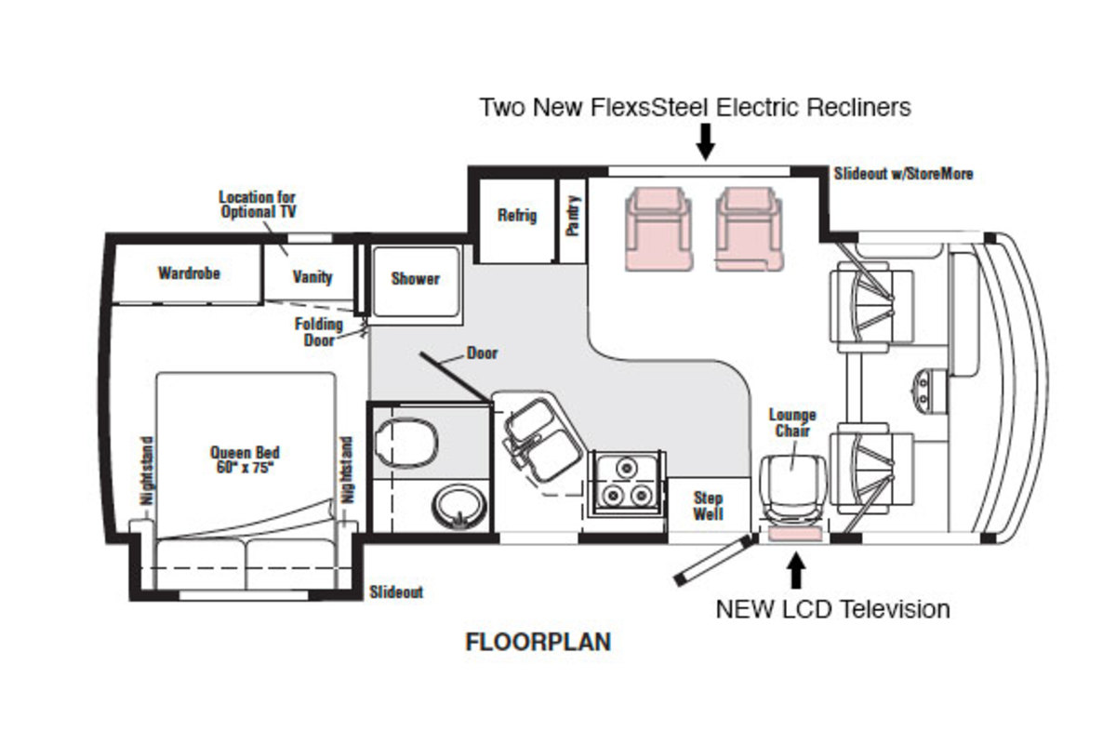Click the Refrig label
[517, 216]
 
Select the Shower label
[415, 278]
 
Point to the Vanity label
[312, 277]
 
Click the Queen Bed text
[245, 459]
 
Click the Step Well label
[708, 506]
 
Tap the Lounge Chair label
[791, 423]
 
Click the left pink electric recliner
[658, 228]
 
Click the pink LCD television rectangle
[795, 533]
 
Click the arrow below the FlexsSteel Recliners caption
[705, 140]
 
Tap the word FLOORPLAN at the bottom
[538, 642]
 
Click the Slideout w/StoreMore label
[903, 174]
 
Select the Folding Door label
[319, 332]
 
